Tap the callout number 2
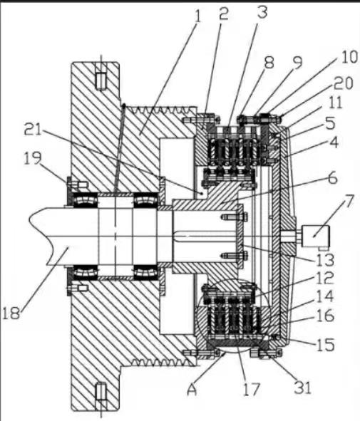pyautogui.click(x=224, y=14)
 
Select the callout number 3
pyautogui.click(x=262, y=12)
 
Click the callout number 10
pyautogui.click(x=349, y=57)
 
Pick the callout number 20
pyautogui.click(x=343, y=83)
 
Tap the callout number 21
pyautogui.click(x=33, y=130)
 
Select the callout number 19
pyautogui.click(x=33, y=158)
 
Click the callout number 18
pyautogui.click(x=11, y=313)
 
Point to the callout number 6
pyautogui.click(x=333, y=178)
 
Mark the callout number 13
pyautogui.click(x=325, y=259)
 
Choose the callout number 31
pyautogui.click(x=302, y=388)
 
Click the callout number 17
pyautogui.click(x=252, y=390)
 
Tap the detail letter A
pyautogui.click(x=192, y=390)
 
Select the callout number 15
pyautogui.click(x=326, y=345)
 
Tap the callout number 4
pyautogui.click(x=334, y=143)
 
